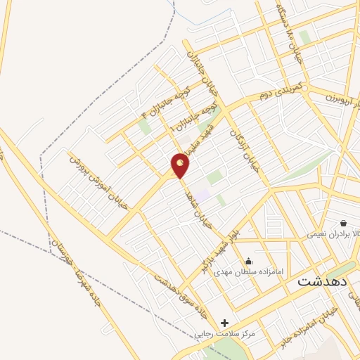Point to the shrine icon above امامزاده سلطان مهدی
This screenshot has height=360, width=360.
247,262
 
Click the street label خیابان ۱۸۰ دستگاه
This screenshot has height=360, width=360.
288,35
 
